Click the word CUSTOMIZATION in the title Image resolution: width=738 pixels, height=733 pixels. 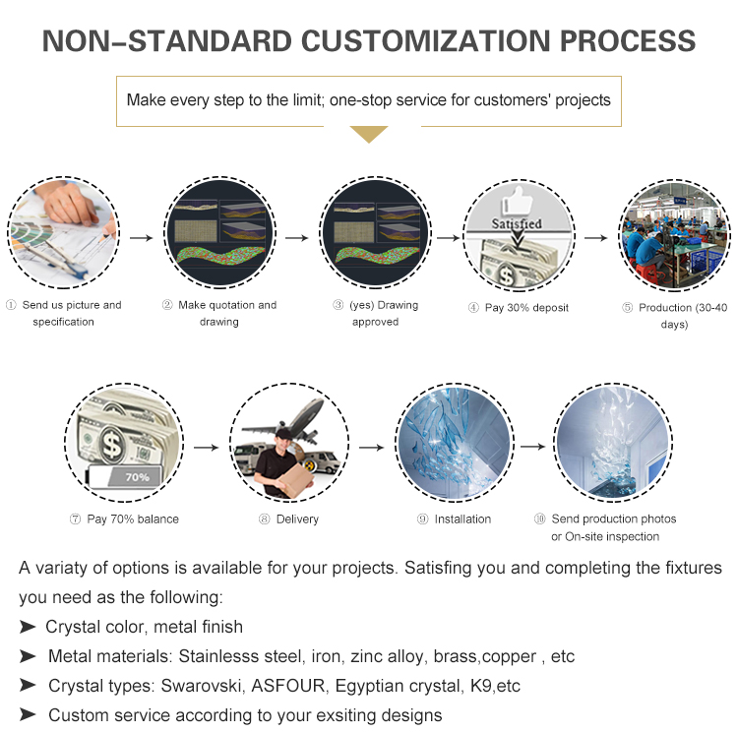coord(425,41)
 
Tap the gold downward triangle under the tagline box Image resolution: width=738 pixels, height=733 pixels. coord(369,134)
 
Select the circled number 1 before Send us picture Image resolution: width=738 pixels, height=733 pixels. coord(11,305)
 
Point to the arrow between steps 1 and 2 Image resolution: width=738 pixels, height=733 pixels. coord(141,238)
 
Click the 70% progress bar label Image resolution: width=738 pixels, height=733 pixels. coord(137,477)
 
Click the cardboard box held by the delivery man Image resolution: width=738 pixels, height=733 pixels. coord(295,479)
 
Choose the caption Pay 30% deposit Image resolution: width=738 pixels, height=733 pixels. coord(526,308)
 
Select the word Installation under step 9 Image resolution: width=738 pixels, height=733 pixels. coord(462,519)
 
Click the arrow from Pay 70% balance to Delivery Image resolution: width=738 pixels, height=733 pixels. coord(207,447)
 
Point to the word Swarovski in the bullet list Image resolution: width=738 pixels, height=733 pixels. coord(202,686)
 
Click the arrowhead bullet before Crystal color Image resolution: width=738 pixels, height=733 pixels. coord(28,627)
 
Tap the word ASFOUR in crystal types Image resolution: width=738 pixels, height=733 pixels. coord(287,686)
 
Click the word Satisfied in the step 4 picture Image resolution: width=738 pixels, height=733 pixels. coord(517,223)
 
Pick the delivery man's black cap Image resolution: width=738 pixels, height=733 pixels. coord(283,433)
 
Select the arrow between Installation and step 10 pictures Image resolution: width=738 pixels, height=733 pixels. coord(532,446)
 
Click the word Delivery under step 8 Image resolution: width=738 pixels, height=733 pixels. coord(297,519)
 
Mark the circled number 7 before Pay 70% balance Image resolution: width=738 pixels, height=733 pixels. coord(76,519)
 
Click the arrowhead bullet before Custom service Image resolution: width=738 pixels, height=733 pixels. coord(28,714)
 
